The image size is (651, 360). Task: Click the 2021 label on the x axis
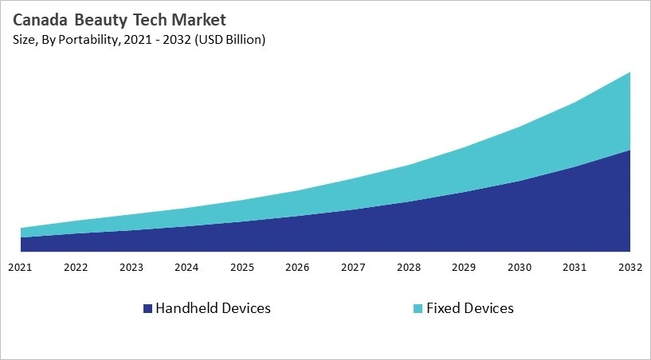coord(20,268)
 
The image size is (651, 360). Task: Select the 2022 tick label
coord(76,268)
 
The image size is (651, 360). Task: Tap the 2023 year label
coord(131,268)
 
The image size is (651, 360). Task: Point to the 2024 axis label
coord(186,268)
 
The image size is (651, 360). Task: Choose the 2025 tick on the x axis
coord(242,268)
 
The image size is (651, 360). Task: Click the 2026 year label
coord(297,268)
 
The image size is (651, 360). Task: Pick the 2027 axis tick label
coord(353,268)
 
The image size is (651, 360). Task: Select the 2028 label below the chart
coord(409,268)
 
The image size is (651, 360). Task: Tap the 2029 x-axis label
coord(464,268)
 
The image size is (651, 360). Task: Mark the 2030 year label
coord(520,268)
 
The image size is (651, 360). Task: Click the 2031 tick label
coord(575,268)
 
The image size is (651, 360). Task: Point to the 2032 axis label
coord(630,268)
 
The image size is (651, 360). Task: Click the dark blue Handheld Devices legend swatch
coord(147,308)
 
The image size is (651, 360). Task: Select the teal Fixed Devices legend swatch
coord(418,308)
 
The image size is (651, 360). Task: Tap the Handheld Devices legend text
coord(213,308)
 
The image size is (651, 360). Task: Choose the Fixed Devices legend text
coord(470,308)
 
